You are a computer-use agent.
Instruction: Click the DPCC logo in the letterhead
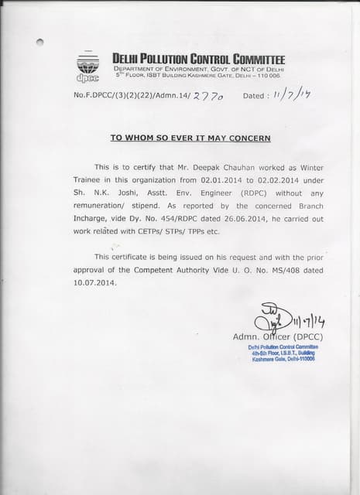[87, 67]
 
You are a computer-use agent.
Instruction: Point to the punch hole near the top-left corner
[39, 41]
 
